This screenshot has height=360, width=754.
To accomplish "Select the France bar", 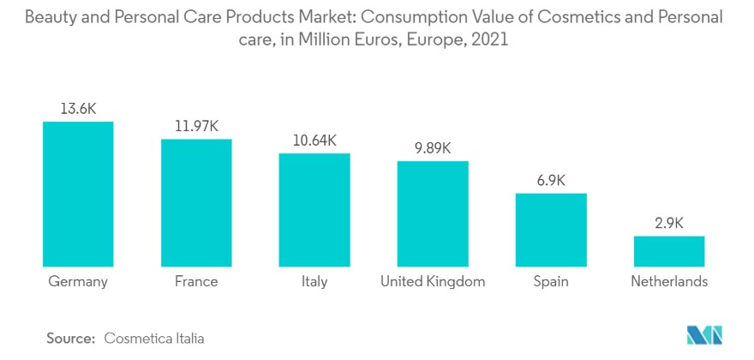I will coord(196,202).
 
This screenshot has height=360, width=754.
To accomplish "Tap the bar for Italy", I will coord(314,209).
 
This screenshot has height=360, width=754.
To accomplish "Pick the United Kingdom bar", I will coord(433,213).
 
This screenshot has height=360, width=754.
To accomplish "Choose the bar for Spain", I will coord(551,230).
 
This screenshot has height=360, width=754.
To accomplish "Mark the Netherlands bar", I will coord(668,251).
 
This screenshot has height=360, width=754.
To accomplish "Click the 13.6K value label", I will coord(78,109).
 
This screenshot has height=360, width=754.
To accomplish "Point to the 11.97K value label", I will coord(196,126).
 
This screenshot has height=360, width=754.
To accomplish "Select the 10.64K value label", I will coord(314,141).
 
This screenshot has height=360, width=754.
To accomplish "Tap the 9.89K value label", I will coord(433,147).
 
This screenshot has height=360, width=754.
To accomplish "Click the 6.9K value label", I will coord(551,180).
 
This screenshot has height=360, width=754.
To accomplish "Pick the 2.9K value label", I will coord(668,223).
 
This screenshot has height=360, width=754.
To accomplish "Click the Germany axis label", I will coord(78,281).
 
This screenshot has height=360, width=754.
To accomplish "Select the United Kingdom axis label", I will coord(433,281).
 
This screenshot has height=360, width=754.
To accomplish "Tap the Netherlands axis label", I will coord(668,281).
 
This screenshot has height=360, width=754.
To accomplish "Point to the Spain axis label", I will coord(551,282).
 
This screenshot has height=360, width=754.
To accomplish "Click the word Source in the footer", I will coord(69,339).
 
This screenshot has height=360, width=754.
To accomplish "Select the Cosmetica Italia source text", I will coord(154,339).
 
